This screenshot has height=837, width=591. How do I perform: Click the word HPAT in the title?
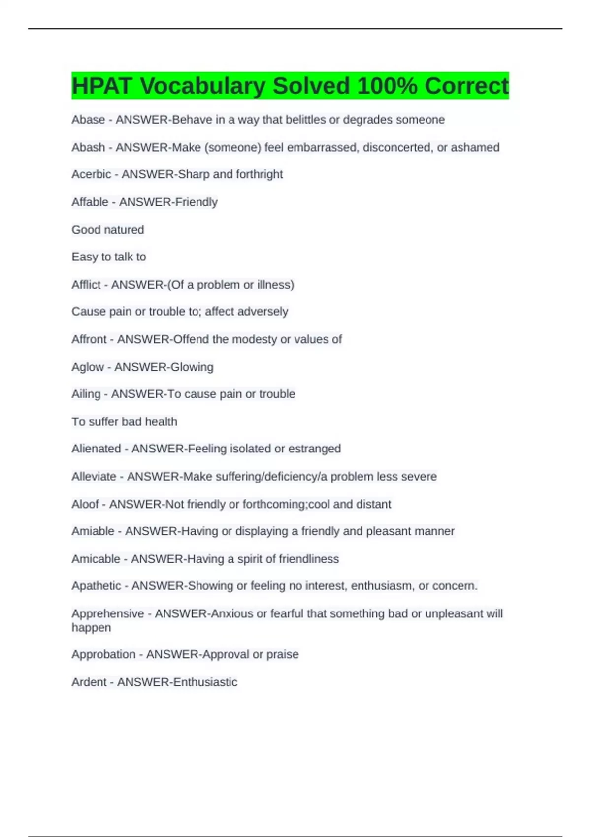click(101, 86)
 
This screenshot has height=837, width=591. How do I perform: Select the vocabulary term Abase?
click(88, 120)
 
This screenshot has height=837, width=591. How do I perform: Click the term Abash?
click(88, 147)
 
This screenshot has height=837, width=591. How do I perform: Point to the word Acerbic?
click(91, 174)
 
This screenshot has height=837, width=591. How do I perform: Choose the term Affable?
click(90, 202)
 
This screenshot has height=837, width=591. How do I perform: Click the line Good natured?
click(108, 230)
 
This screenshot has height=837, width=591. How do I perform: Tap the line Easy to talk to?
click(109, 257)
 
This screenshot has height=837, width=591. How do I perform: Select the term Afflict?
click(86, 285)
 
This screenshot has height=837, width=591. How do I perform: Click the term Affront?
click(89, 339)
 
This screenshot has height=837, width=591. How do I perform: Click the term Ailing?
click(86, 394)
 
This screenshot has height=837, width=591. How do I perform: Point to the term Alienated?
click(96, 449)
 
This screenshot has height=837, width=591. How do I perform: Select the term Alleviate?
click(94, 477)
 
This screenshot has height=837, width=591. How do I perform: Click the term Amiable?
click(93, 531)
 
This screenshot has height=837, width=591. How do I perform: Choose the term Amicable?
click(96, 559)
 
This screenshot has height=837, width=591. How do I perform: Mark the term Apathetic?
click(96, 586)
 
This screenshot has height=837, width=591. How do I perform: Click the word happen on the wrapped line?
click(91, 628)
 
